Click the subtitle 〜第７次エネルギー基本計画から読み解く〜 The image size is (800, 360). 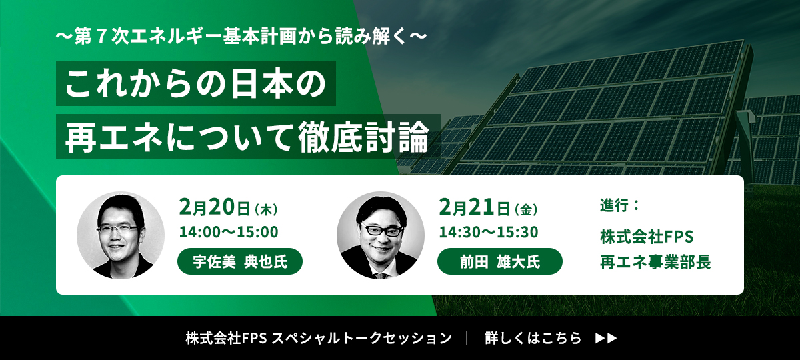click(241, 37)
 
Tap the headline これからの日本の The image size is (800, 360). click(196, 83)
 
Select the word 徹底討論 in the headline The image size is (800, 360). click(363, 137)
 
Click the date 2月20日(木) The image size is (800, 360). click(228, 207)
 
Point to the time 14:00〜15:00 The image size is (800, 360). click(229, 232)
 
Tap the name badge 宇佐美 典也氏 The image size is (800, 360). click(240, 261)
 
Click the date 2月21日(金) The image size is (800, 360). click(488, 207)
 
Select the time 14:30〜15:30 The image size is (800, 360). click(489, 232)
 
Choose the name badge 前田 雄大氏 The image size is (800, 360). click(500, 261)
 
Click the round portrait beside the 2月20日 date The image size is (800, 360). click(121, 235)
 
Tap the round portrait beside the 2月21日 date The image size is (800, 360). click(381, 235)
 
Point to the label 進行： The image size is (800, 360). click(619, 205)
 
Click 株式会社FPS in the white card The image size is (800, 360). click(647, 237)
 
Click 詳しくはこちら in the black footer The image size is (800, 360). click(533, 338)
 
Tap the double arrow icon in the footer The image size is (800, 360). click(606, 338)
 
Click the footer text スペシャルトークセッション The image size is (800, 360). click(362, 338)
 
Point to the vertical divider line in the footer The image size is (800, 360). click(467, 338)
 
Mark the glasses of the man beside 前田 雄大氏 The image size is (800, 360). click(382, 229)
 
